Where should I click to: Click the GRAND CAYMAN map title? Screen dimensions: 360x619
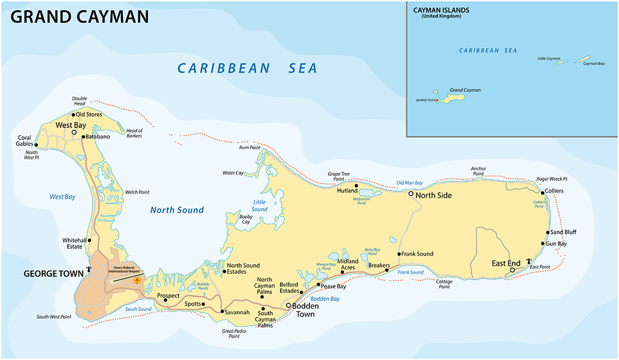pyautogui.click(x=80, y=16)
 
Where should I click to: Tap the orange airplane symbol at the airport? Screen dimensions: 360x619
pyautogui.click(x=137, y=280)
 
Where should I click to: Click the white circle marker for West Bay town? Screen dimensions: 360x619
pyautogui.click(x=74, y=132)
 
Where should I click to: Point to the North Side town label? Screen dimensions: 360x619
pyautogui.click(x=433, y=195)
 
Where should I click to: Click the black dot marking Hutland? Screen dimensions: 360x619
pyautogui.click(x=357, y=186)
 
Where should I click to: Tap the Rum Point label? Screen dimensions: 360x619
pyautogui.click(x=249, y=147)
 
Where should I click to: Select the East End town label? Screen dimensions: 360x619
pyautogui.click(x=507, y=263)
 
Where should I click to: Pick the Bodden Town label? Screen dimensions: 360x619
pyautogui.click(x=305, y=309)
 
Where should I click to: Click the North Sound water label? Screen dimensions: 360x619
pyautogui.click(x=177, y=210)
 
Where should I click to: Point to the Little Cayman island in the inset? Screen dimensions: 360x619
pyautogui.click(x=562, y=62)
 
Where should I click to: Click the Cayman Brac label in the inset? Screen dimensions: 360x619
pyautogui.click(x=594, y=63)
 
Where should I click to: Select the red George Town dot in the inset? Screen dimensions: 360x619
pyautogui.click(x=436, y=100)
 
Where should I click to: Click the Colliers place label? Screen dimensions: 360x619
pyautogui.click(x=554, y=191)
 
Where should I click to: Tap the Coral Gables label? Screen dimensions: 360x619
pyautogui.click(x=25, y=141)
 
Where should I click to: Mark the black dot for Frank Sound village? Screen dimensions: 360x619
pyautogui.click(x=399, y=254)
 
